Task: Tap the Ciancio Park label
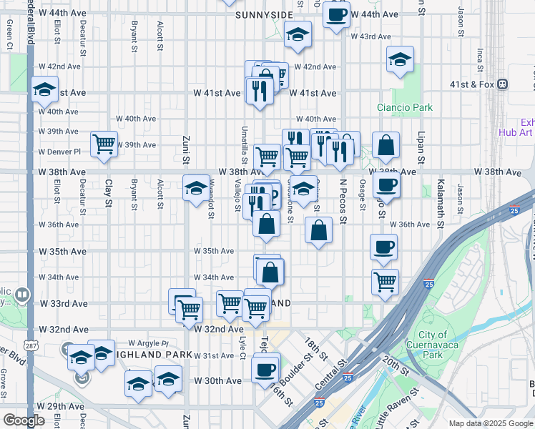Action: click(405, 107)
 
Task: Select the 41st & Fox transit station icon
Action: click(504, 84)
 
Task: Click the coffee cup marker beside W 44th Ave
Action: click(336, 14)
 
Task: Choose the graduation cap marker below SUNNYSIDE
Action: click(298, 34)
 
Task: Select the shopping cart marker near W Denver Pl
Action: click(104, 144)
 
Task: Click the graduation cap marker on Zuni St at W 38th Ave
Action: click(196, 187)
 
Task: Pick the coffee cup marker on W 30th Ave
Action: click(265, 370)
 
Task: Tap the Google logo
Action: click(24, 420)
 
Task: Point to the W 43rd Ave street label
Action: click(370, 36)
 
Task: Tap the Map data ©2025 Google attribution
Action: click(491, 423)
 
